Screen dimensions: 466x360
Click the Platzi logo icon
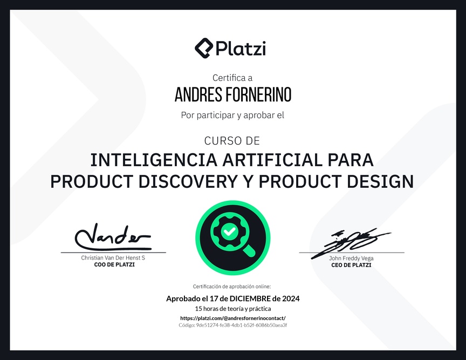pyautogui.click(x=204, y=48)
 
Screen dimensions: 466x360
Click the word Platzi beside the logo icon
pyautogui.click(x=241, y=49)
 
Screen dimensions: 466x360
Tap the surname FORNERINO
pyautogui.click(x=258, y=95)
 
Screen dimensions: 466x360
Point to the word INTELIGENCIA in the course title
pyautogui.click(x=154, y=160)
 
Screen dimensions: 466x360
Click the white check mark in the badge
pyautogui.click(x=229, y=231)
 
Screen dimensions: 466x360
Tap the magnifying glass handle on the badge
pyautogui.click(x=249, y=250)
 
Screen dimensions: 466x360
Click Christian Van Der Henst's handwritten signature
pyautogui.click(x=113, y=237)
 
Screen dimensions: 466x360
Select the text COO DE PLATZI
pyautogui.click(x=114, y=264)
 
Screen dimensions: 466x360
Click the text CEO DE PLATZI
pyautogui.click(x=351, y=265)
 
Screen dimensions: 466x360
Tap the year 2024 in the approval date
pyautogui.click(x=291, y=298)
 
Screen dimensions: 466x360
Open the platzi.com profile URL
pyautogui.click(x=233, y=318)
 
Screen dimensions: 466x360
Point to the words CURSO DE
pyautogui.click(x=232, y=141)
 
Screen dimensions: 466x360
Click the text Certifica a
pyautogui.click(x=232, y=78)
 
